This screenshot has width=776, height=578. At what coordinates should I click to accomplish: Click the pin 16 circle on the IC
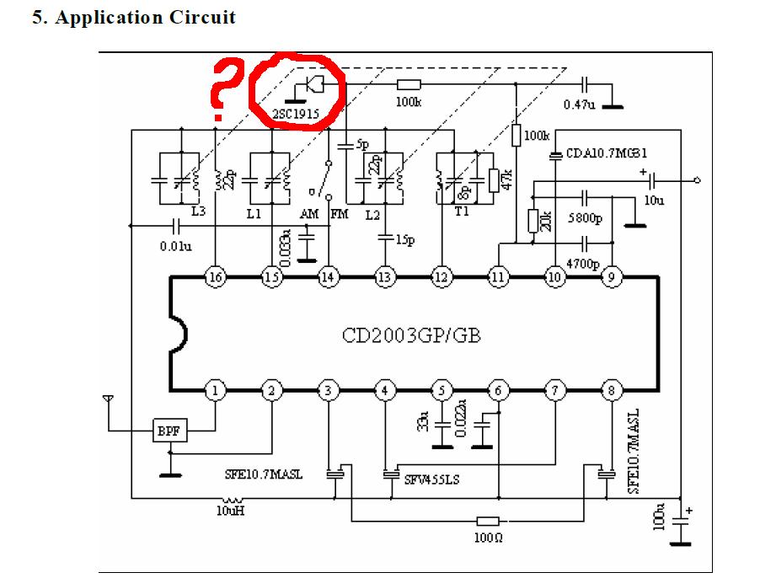[217, 277]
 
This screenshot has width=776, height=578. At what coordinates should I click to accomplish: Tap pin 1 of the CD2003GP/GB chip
[217, 390]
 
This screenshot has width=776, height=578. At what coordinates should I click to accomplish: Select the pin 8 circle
[611, 390]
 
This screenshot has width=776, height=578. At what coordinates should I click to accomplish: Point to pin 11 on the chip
[499, 277]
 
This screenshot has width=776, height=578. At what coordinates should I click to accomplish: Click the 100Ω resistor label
[489, 538]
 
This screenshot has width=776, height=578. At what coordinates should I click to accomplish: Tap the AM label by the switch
[310, 214]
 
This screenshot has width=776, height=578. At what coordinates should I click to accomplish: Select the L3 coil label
[198, 211]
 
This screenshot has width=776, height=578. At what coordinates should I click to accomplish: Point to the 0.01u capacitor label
[175, 246]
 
